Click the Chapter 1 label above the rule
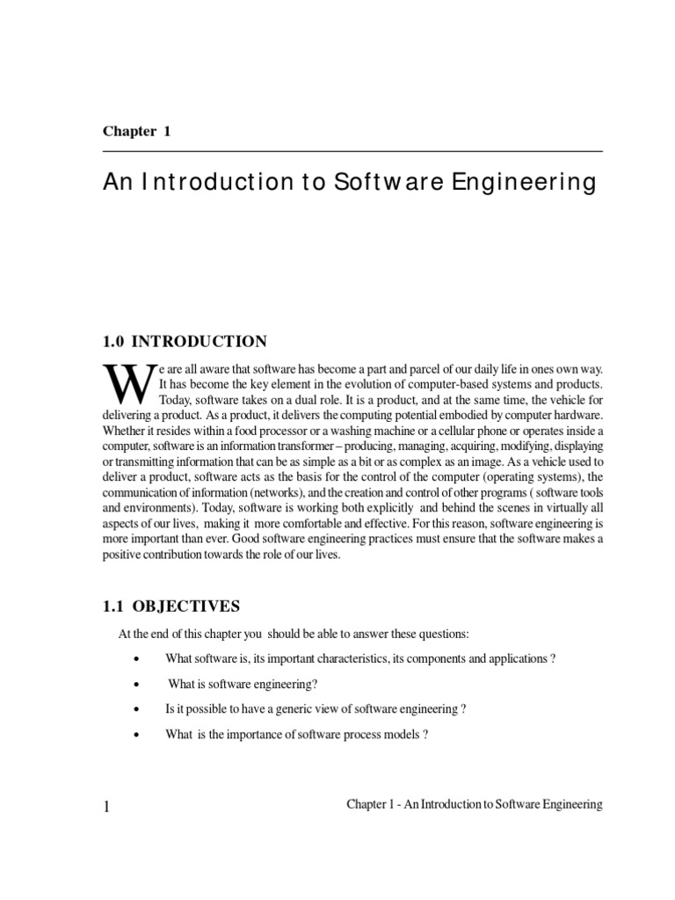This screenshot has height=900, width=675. pos(136,132)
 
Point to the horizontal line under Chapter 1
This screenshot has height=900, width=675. pos(352,152)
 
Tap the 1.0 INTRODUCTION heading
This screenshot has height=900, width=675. pos(185,341)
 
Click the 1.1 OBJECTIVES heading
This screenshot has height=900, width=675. pos(171,606)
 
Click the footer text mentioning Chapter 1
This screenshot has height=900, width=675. pos(475,805)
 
